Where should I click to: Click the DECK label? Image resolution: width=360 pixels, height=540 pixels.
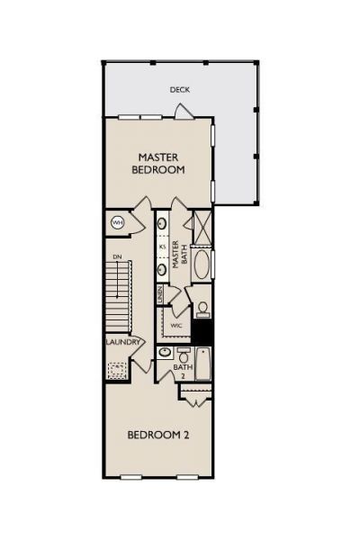(x=179, y=90)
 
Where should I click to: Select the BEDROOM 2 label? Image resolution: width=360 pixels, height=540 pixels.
(x=157, y=435)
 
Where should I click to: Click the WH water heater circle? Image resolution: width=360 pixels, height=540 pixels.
(x=117, y=222)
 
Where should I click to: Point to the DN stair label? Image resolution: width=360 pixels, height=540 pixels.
(x=116, y=256)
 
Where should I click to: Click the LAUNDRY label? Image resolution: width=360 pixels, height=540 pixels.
(x=122, y=342)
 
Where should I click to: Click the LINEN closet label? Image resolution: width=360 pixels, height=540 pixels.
(x=160, y=294)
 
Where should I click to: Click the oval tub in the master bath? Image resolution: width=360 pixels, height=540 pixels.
(x=202, y=266)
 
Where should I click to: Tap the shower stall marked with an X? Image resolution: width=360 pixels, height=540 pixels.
(x=202, y=227)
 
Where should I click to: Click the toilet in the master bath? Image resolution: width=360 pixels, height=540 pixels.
(x=202, y=309)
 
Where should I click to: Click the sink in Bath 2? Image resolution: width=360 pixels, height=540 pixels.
(x=165, y=353)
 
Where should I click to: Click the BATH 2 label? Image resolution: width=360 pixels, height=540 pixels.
(x=183, y=371)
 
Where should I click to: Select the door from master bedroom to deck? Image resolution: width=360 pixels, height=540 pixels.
(x=183, y=111)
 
